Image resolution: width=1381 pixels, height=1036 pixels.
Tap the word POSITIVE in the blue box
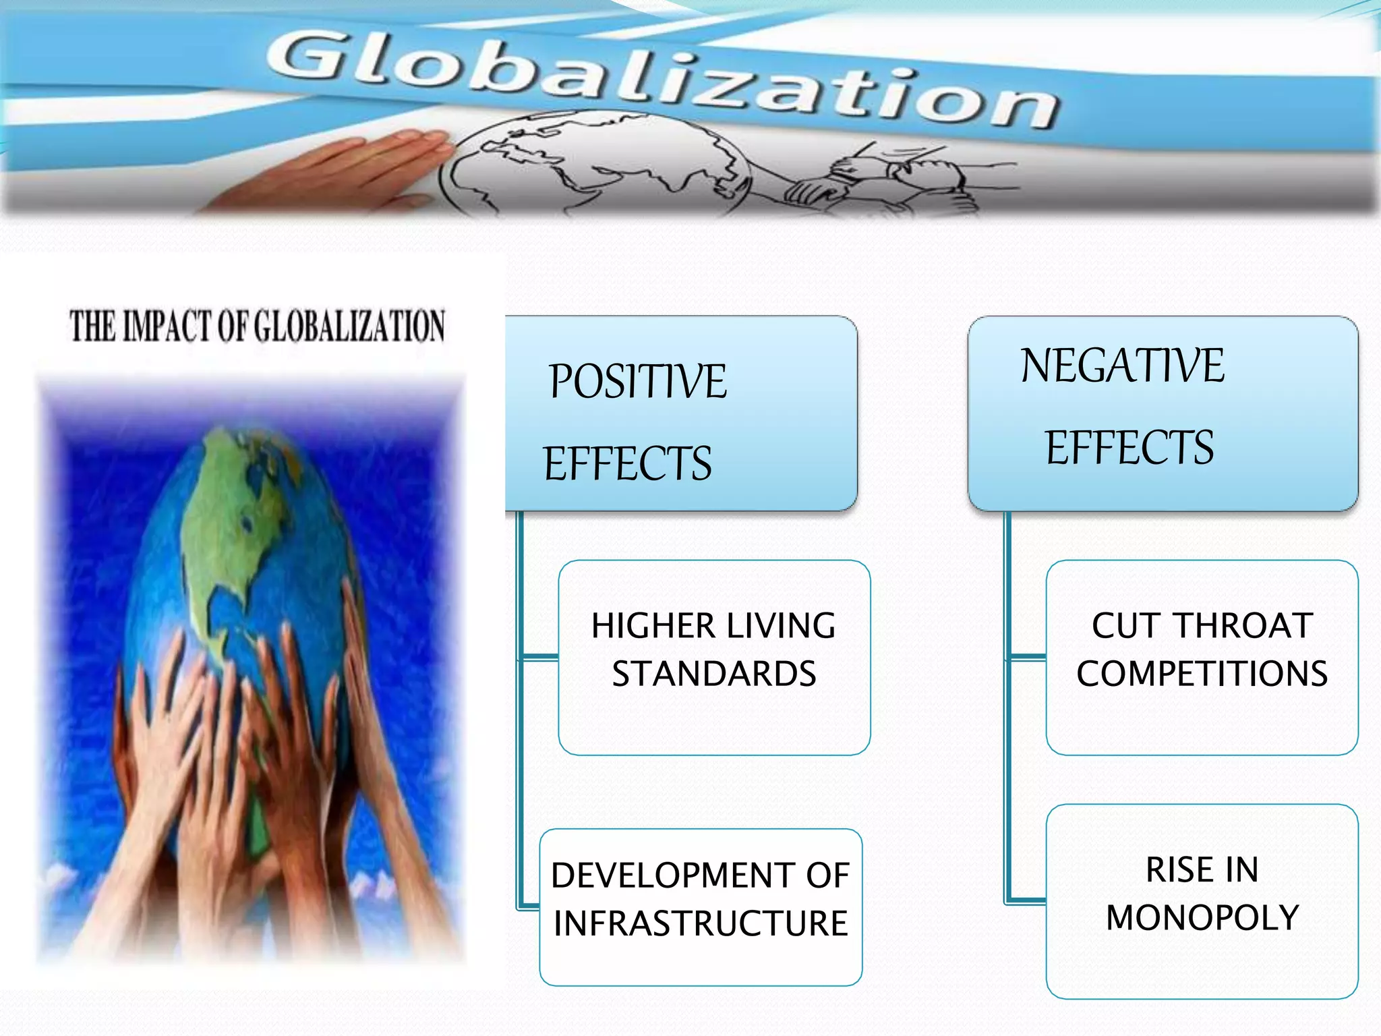(x=638, y=382)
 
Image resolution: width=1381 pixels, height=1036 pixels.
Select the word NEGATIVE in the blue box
(x=1122, y=366)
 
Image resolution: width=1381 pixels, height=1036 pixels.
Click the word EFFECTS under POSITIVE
(x=628, y=464)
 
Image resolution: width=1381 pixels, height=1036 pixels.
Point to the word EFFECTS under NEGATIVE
(x=1129, y=448)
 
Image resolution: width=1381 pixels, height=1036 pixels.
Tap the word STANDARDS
(x=714, y=674)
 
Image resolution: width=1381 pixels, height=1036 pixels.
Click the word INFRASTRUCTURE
(x=701, y=923)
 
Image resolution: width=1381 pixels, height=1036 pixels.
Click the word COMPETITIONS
(x=1202, y=674)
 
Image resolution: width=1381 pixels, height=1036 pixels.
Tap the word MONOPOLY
(x=1202, y=918)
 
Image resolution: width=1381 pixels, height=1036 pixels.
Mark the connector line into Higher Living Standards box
(x=539, y=656)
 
